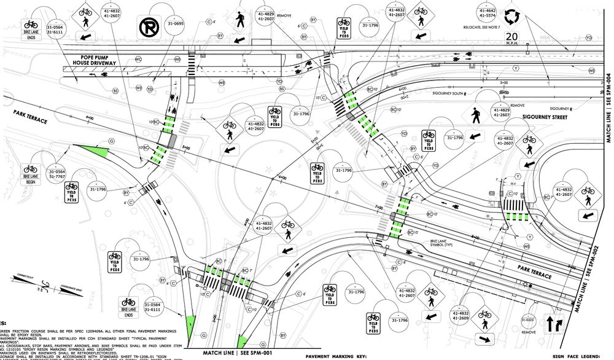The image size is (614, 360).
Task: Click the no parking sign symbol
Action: point(148,27)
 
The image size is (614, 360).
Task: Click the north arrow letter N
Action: point(39,287)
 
